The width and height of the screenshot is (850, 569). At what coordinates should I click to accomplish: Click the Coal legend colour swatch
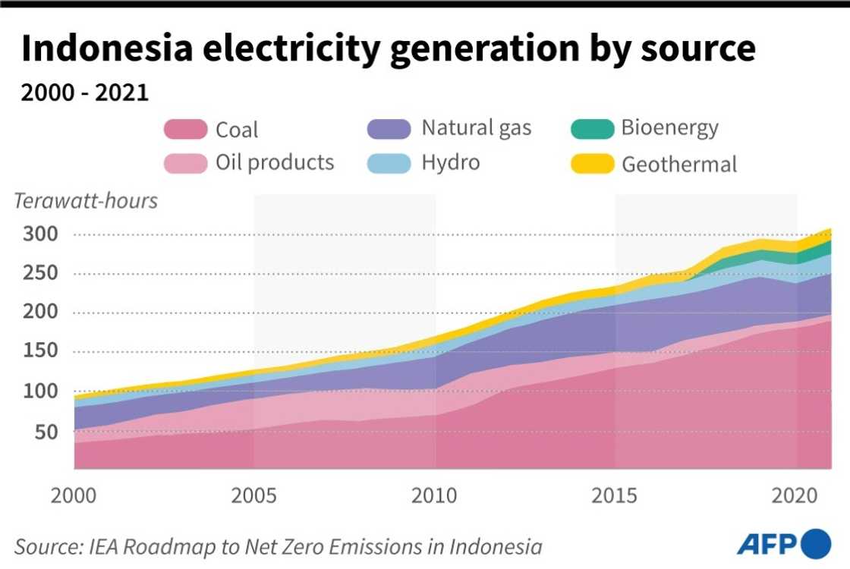click(185, 130)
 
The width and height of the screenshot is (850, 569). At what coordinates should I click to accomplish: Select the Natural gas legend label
click(477, 127)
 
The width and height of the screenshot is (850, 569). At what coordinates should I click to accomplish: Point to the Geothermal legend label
click(679, 164)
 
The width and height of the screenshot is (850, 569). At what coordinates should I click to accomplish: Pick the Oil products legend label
click(275, 162)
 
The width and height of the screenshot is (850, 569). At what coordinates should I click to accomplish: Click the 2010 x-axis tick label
click(435, 496)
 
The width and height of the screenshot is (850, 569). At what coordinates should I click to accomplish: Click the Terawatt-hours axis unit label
click(86, 201)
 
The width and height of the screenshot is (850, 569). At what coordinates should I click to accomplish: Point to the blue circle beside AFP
click(817, 544)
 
